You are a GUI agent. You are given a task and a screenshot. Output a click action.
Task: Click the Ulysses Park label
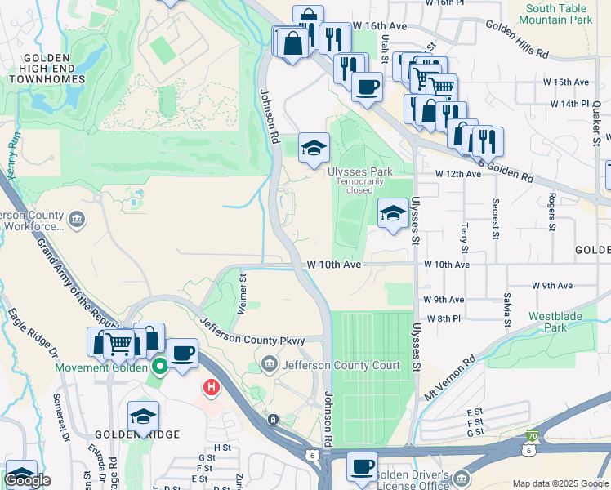[359, 171]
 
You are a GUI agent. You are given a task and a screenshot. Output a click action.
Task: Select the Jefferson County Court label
[341, 366]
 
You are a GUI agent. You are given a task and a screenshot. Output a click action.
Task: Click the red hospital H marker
[212, 386]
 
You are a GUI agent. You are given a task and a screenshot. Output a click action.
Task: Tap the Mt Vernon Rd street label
[449, 377]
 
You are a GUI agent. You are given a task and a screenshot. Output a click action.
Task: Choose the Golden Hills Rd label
[517, 39]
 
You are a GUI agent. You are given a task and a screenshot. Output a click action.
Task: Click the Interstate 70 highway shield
[532, 438]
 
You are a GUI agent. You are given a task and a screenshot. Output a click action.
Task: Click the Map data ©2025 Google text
[560, 484]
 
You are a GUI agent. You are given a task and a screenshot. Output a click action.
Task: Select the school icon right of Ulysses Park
[393, 214]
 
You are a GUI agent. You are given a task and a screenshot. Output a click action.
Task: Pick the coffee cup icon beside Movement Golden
[184, 354]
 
